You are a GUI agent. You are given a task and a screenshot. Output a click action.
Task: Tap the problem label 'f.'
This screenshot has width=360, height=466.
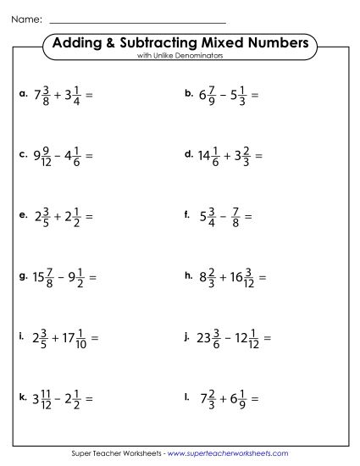[x=186, y=214]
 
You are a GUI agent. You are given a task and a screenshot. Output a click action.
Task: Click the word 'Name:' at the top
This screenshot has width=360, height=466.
[x=25, y=18]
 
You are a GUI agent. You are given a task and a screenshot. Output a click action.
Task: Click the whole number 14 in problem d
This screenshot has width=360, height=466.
[x=207, y=156]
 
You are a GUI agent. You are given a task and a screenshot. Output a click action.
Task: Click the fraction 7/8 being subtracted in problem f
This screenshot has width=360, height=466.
[x=237, y=216]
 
